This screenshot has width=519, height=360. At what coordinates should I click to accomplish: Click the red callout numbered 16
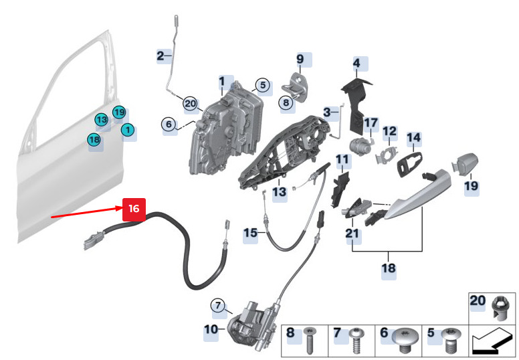point(134,209)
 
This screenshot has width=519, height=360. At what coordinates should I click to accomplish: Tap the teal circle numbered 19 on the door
point(118,112)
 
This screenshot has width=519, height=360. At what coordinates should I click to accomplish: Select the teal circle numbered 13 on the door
point(101,120)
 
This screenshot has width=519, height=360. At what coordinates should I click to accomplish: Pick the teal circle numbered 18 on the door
point(94,139)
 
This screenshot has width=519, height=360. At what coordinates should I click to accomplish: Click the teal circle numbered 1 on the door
point(127,130)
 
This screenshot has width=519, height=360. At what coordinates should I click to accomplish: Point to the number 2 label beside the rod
point(160,56)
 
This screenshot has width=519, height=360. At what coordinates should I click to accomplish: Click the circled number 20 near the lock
point(191,104)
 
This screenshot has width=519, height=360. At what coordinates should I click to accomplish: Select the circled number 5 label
point(263,85)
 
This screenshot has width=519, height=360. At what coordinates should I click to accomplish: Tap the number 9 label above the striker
point(300,60)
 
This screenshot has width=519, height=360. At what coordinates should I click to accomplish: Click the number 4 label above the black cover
point(356,64)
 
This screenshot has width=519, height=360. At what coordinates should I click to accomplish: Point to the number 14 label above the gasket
point(414,139)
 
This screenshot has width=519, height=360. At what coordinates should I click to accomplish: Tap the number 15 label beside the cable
point(250,233)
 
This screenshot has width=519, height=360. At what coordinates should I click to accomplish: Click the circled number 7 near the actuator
point(217,306)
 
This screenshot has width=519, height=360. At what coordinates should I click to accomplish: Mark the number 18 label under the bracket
point(389,268)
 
